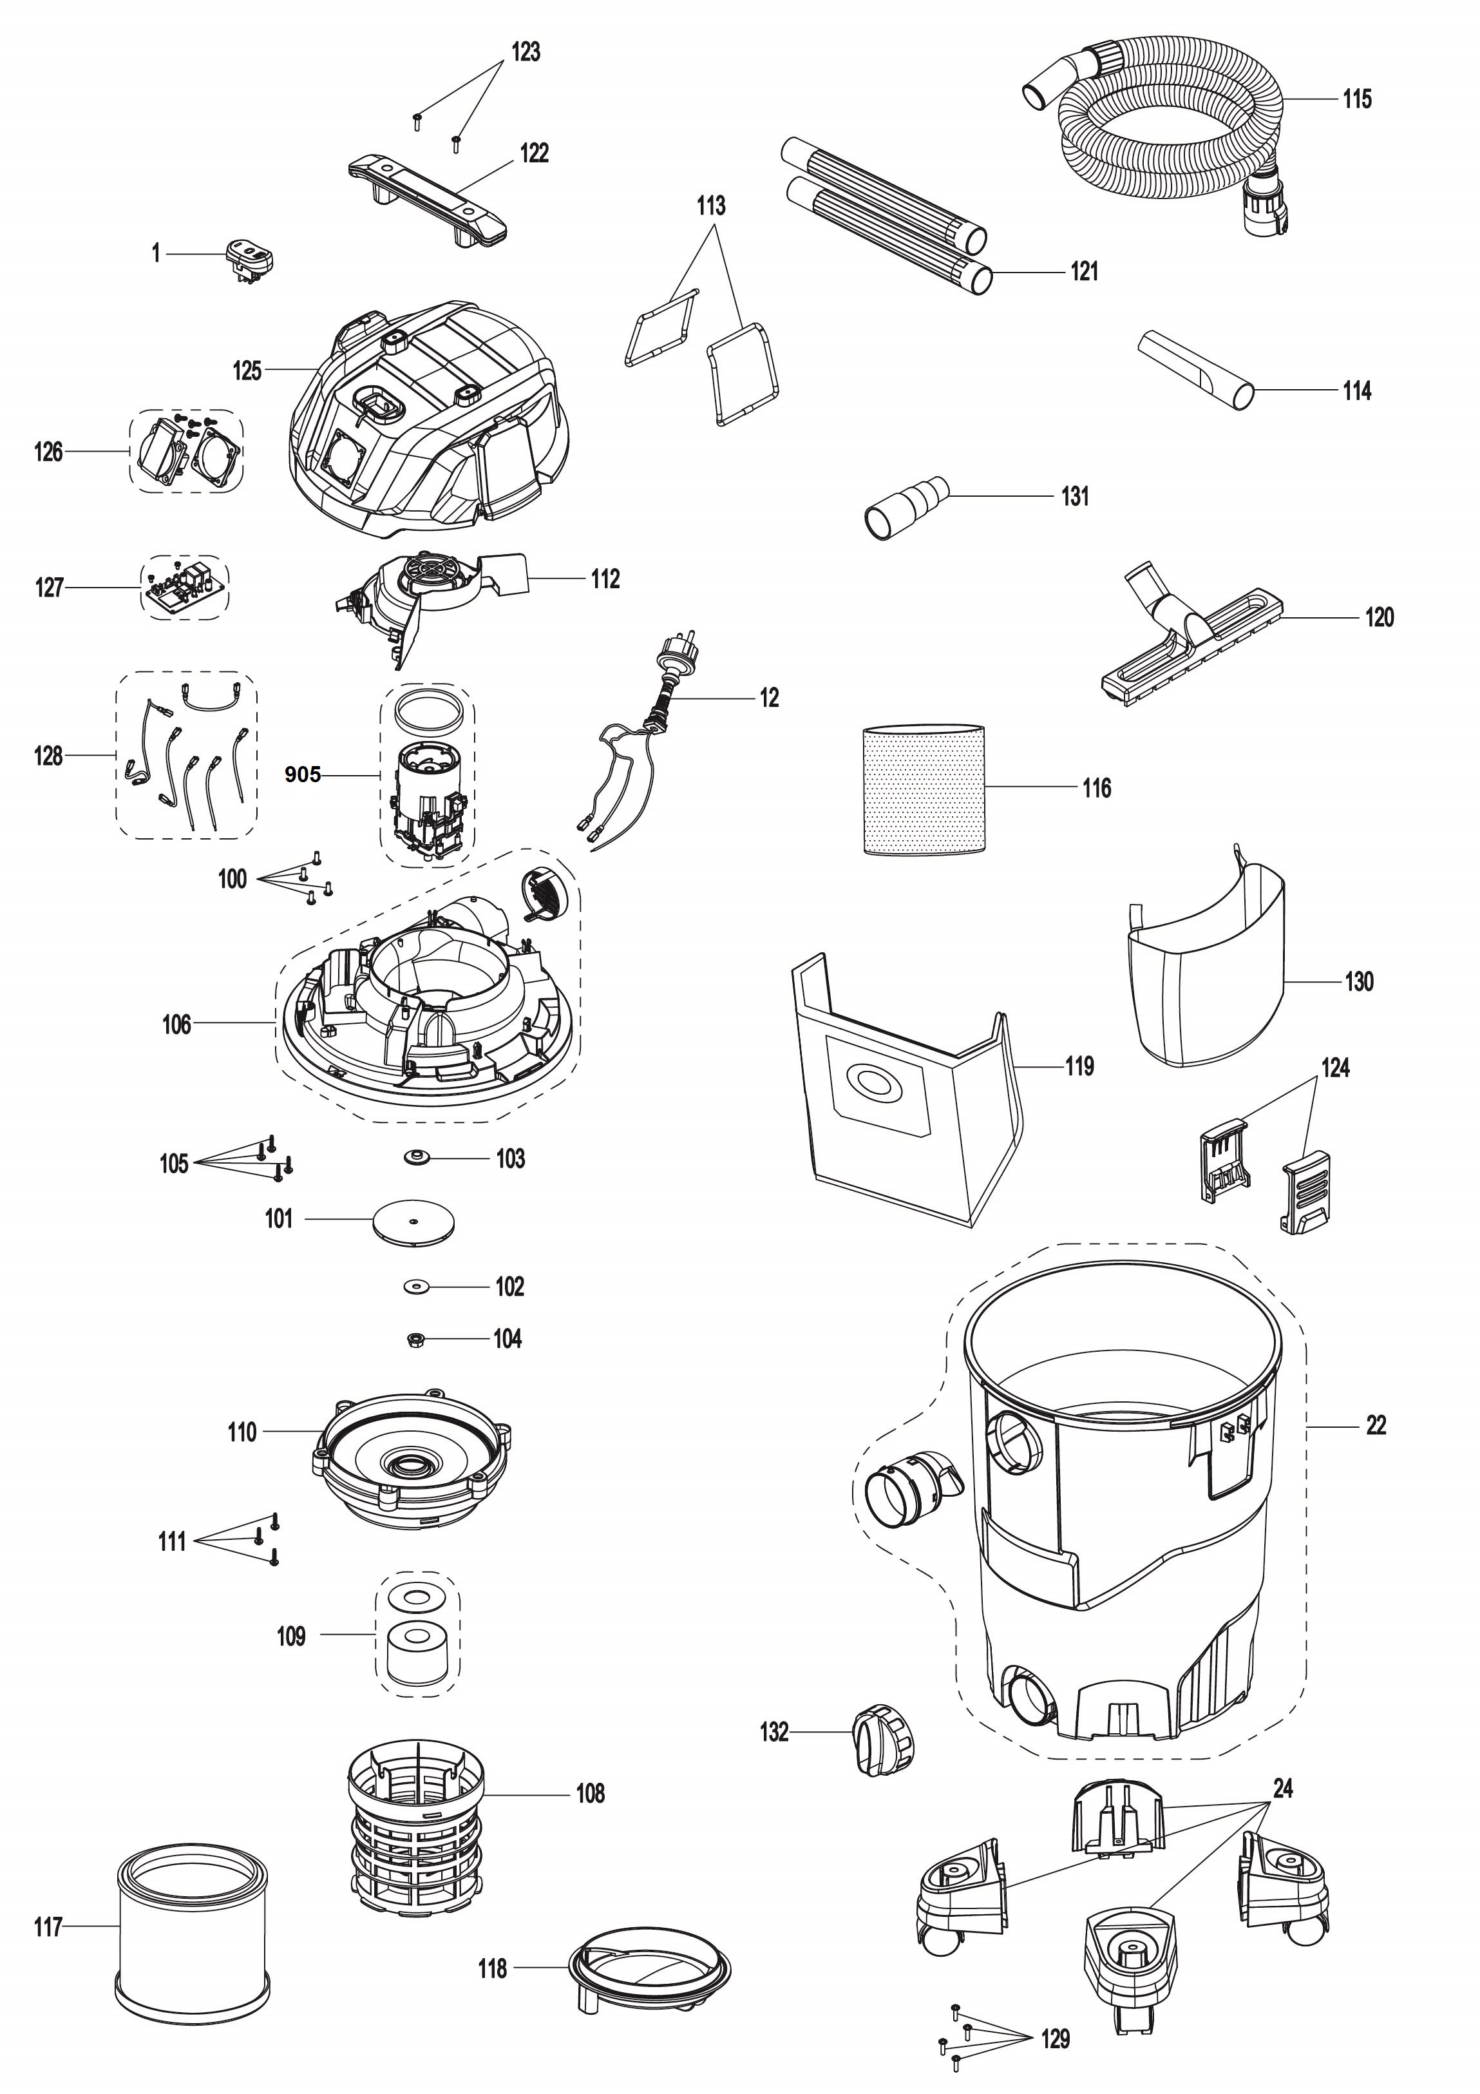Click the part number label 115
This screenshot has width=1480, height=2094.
coord(1356,99)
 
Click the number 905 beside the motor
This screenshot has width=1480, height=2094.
coord(303,775)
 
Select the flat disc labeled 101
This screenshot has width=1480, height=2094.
coord(414,1220)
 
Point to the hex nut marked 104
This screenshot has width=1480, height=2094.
coord(412,1340)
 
